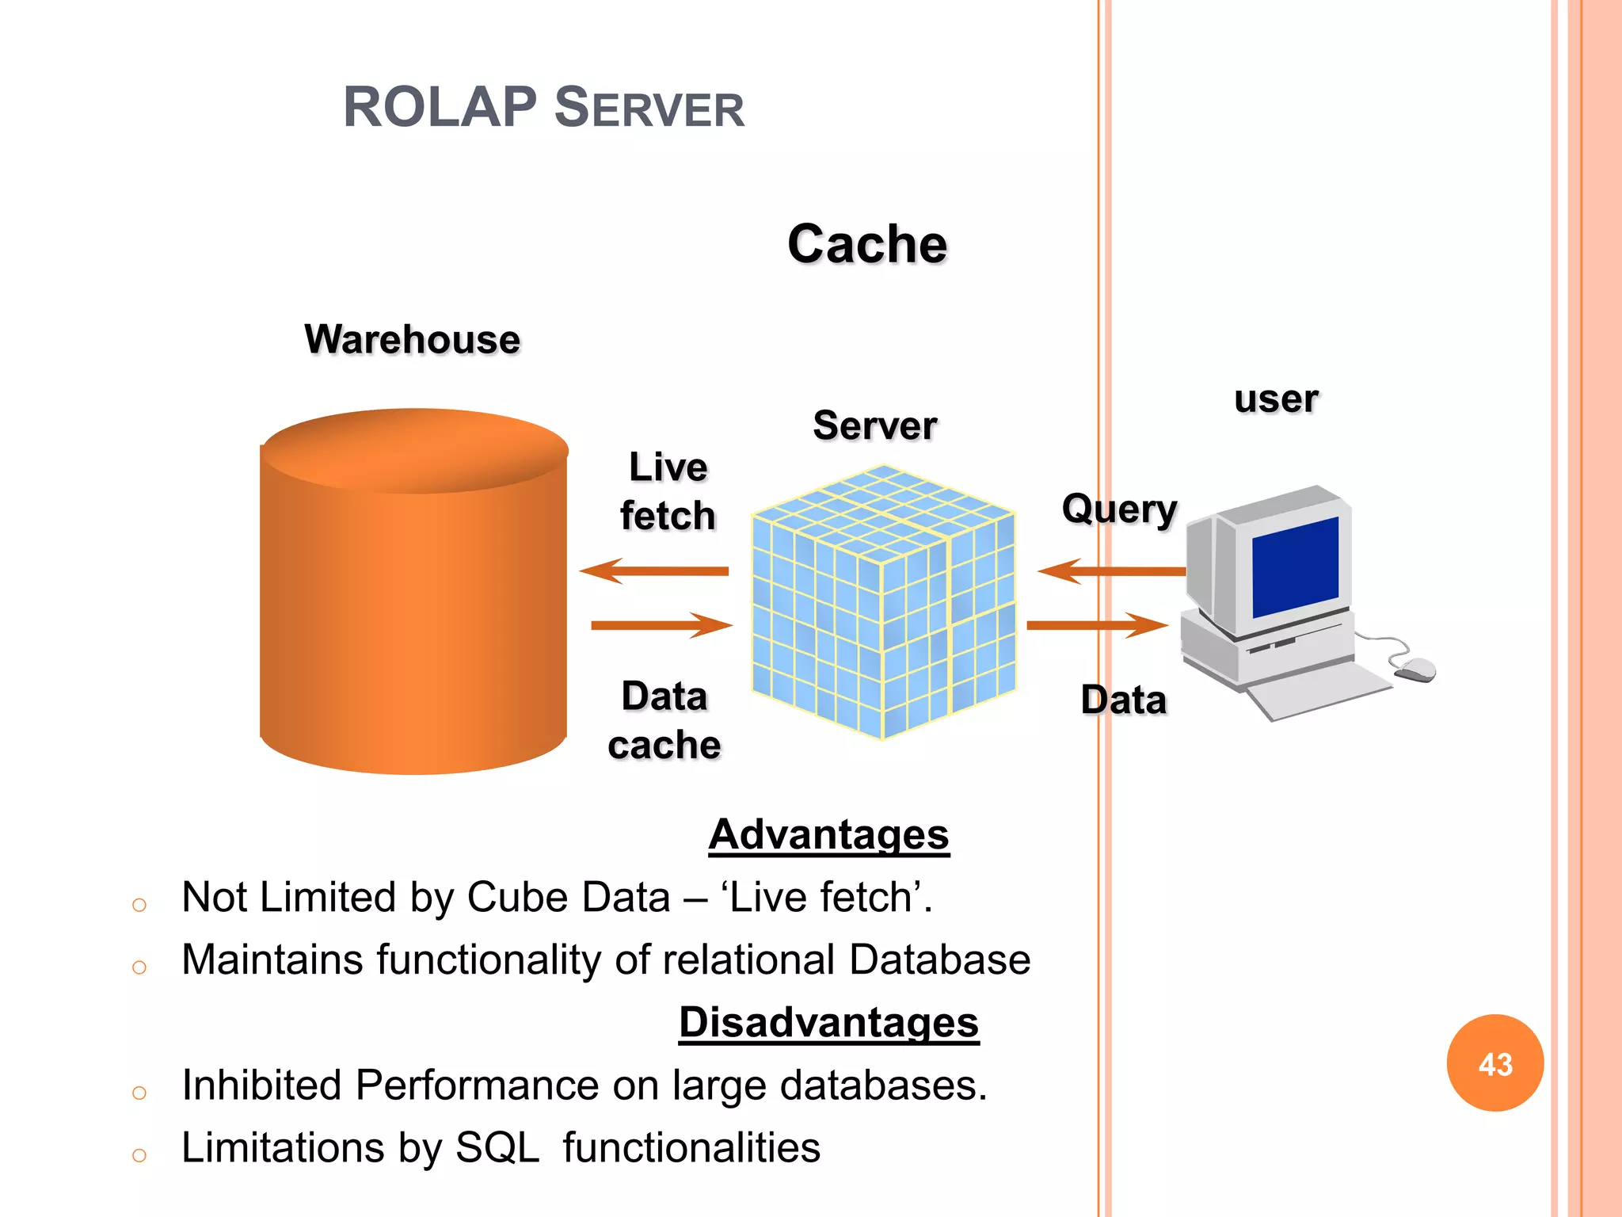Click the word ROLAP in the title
(x=440, y=107)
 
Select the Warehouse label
(x=413, y=339)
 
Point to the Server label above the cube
(x=875, y=425)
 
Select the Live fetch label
(x=668, y=491)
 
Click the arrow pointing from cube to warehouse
(x=653, y=570)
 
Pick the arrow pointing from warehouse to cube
(x=661, y=625)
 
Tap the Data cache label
(x=664, y=720)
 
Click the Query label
(x=1119, y=509)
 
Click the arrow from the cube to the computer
(x=1097, y=625)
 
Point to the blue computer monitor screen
(x=1296, y=567)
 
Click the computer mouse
(x=1415, y=670)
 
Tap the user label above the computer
(x=1276, y=399)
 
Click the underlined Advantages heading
(x=828, y=835)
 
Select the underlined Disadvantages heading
(x=828, y=1022)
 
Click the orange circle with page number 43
(x=1494, y=1063)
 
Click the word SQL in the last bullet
(x=497, y=1147)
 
